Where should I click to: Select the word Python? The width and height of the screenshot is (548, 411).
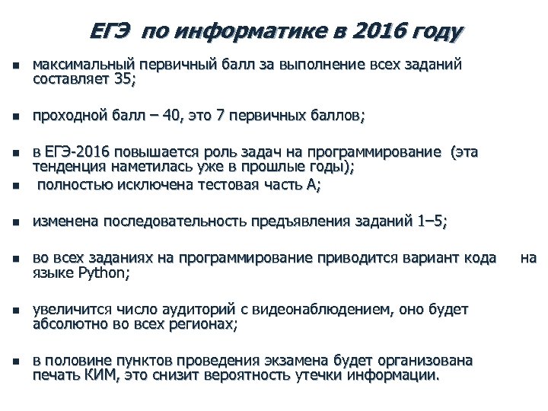click(100, 274)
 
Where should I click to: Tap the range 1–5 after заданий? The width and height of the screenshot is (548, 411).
click(431, 222)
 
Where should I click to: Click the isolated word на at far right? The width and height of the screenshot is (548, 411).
click(528, 258)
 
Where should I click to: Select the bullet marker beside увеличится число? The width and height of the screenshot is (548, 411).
click(16, 311)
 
